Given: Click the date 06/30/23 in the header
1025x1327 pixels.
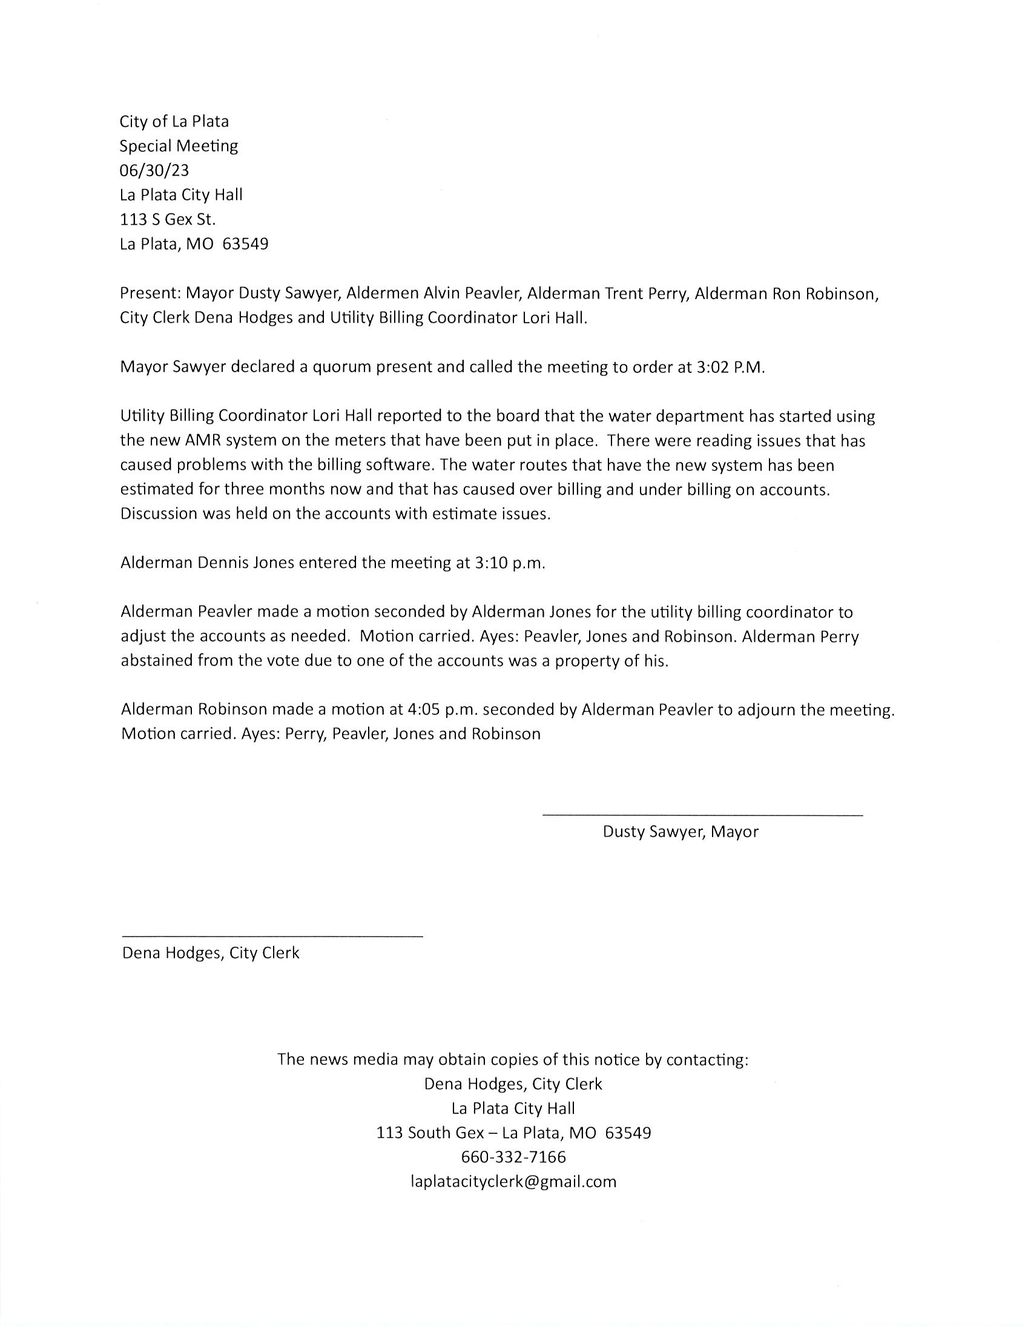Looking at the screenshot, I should pos(154,171).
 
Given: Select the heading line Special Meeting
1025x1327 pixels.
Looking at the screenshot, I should pos(179,146).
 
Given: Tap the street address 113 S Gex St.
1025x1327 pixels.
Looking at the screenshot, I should pos(168,219).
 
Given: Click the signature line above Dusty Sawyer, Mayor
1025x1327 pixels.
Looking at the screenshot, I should pos(702,815).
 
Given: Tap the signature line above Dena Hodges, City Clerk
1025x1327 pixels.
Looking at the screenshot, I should pos(272,937).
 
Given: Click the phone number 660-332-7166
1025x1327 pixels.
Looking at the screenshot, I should pos(513,1157).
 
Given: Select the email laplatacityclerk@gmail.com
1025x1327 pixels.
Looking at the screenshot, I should pos(513,1182).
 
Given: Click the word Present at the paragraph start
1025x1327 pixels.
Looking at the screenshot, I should pos(150,294).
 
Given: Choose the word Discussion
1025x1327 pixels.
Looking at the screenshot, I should pos(159,514).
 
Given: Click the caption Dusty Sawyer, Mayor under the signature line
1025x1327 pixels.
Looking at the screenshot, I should pos(681,832).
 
